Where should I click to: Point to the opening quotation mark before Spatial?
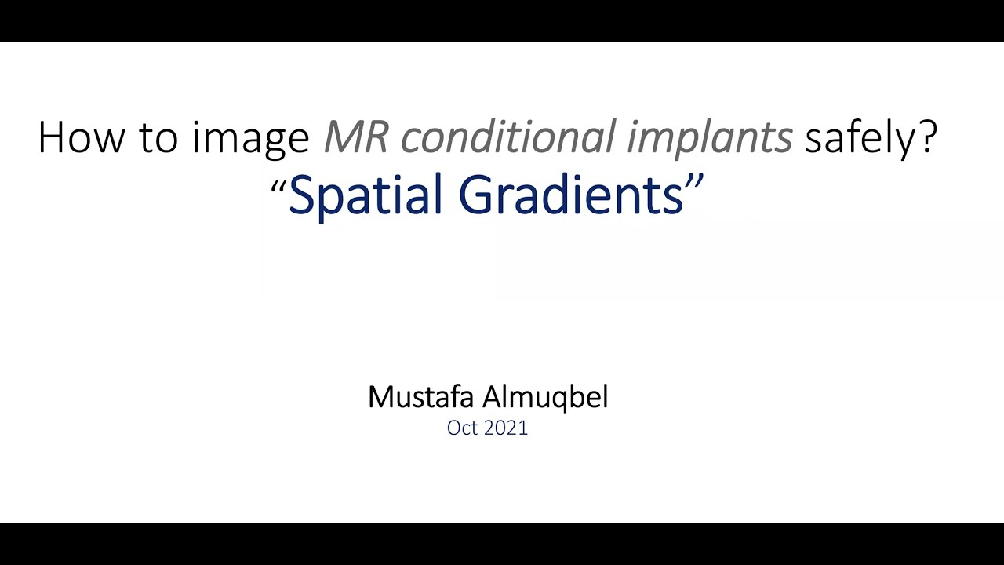pyautogui.click(x=278, y=185)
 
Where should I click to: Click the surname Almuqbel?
pyautogui.click(x=545, y=397)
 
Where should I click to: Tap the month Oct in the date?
pyautogui.click(x=463, y=428)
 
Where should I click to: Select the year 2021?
pyautogui.click(x=507, y=428)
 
